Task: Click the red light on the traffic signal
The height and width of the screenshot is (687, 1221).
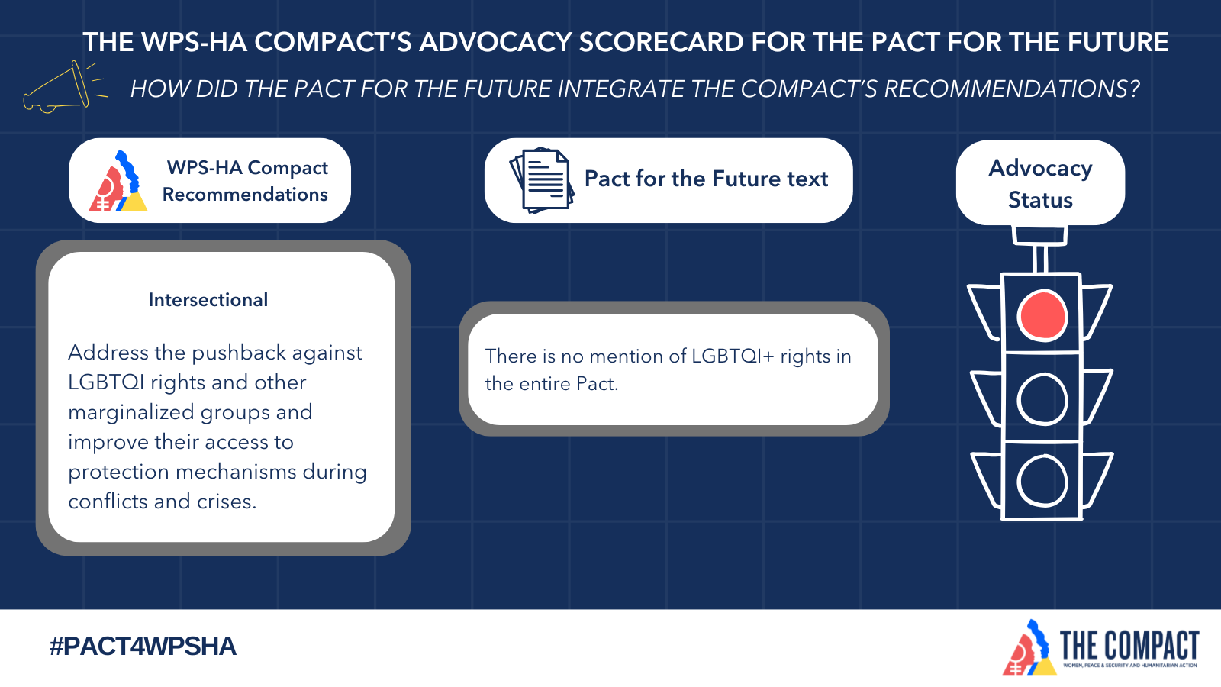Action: click(x=1042, y=316)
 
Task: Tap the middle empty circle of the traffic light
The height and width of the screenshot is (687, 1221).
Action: click(x=1042, y=376)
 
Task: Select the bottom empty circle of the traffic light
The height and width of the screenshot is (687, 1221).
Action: click(x=1042, y=458)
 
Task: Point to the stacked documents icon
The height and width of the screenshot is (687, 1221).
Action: click(x=542, y=180)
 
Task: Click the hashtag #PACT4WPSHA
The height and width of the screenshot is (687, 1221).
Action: click(x=143, y=647)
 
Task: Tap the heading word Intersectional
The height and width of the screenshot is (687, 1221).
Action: click(x=208, y=300)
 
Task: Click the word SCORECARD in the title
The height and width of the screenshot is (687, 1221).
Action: click(x=661, y=43)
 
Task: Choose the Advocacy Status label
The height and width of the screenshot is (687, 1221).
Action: click(x=1040, y=184)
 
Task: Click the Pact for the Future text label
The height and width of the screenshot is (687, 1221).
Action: click(x=706, y=179)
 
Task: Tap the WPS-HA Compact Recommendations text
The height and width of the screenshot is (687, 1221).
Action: click(x=245, y=180)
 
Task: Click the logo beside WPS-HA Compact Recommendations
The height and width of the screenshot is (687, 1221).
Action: click(x=118, y=180)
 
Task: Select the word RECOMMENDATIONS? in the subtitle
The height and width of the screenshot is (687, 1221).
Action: click(x=1012, y=89)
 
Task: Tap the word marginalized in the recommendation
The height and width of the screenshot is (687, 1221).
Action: click(x=130, y=413)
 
